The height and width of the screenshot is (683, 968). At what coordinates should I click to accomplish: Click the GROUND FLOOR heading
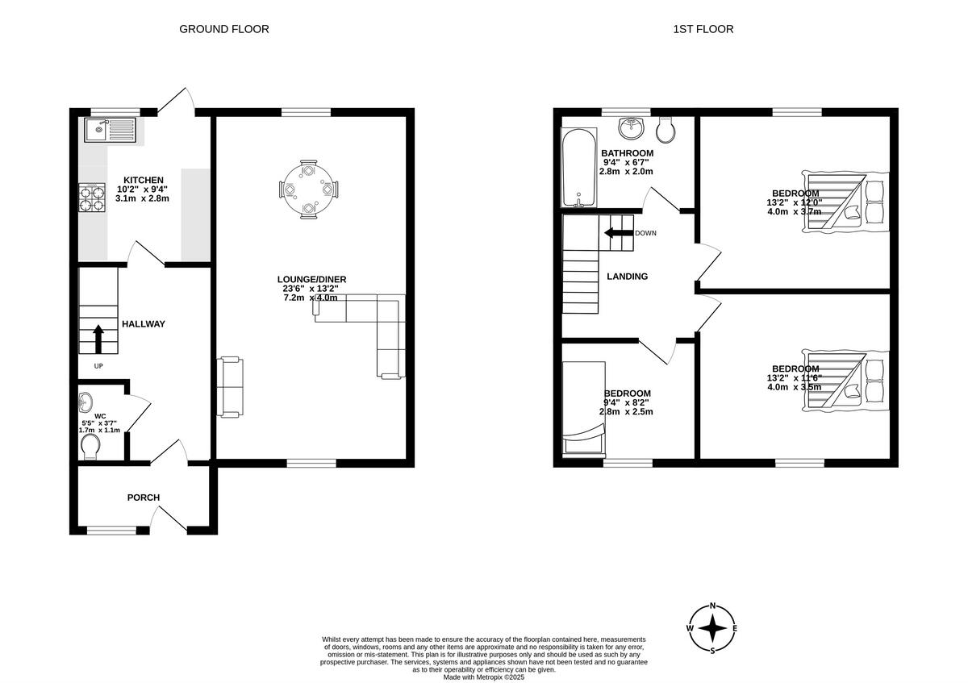223,29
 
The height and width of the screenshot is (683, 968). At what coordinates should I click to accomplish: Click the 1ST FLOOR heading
703,29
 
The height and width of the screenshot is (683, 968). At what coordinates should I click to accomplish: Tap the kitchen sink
111,128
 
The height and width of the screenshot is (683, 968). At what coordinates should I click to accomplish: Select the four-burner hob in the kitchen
93,197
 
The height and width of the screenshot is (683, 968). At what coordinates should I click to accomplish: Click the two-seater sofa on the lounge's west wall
228,387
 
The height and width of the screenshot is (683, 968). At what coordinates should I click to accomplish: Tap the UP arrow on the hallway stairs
98,339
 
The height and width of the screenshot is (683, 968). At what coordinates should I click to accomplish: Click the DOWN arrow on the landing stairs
618,233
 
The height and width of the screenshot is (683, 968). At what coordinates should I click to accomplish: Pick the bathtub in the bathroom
575,168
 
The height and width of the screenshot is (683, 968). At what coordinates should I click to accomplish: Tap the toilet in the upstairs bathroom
666,128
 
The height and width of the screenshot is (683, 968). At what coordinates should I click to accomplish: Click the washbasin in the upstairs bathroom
631,128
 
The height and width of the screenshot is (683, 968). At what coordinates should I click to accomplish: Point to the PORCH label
143,498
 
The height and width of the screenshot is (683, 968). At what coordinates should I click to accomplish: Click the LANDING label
627,277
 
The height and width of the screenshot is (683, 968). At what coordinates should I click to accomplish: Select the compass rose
712,628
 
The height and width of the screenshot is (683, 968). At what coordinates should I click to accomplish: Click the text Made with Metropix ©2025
484,677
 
